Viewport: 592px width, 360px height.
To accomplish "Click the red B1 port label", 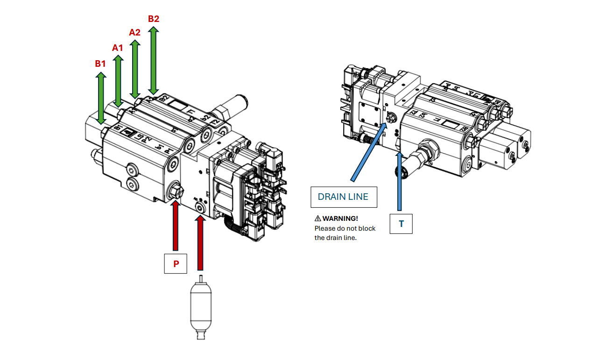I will (x=100, y=64).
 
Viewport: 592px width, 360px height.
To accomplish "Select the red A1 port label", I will (x=118, y=48).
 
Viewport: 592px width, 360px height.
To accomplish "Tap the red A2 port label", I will (x=134, y=32).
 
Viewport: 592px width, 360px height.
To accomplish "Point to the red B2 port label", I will (x=153, y=19).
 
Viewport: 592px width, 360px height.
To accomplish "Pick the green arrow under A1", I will (x=118, y=82).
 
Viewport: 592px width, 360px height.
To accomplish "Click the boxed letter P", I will (x=176, y=264).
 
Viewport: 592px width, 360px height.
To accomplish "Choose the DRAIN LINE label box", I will (x=344, y=197).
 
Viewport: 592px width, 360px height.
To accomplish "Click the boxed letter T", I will (x=401, y=224).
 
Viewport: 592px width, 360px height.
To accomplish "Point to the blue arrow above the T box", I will (x=400, y=182).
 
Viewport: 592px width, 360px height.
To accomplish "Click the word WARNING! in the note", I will (x=340, y=219).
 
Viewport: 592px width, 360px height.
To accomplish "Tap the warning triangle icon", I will (x=318, y=219).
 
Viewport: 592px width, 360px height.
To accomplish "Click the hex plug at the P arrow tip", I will (x=176, y=191).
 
